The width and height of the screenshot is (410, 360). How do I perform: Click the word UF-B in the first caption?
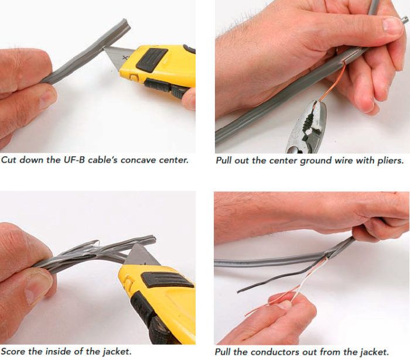click(x=74, y=160)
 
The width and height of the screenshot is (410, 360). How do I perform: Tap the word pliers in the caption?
click(x=391, y=160)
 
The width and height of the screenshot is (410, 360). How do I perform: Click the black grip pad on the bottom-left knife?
click(x=168, y=280)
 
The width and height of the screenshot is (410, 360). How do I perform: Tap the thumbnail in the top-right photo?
click(x=392, y=25)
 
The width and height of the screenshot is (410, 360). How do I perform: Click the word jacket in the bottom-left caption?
click(x=117, y=352)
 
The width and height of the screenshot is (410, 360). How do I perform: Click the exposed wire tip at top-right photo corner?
click(x=405, y=19)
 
